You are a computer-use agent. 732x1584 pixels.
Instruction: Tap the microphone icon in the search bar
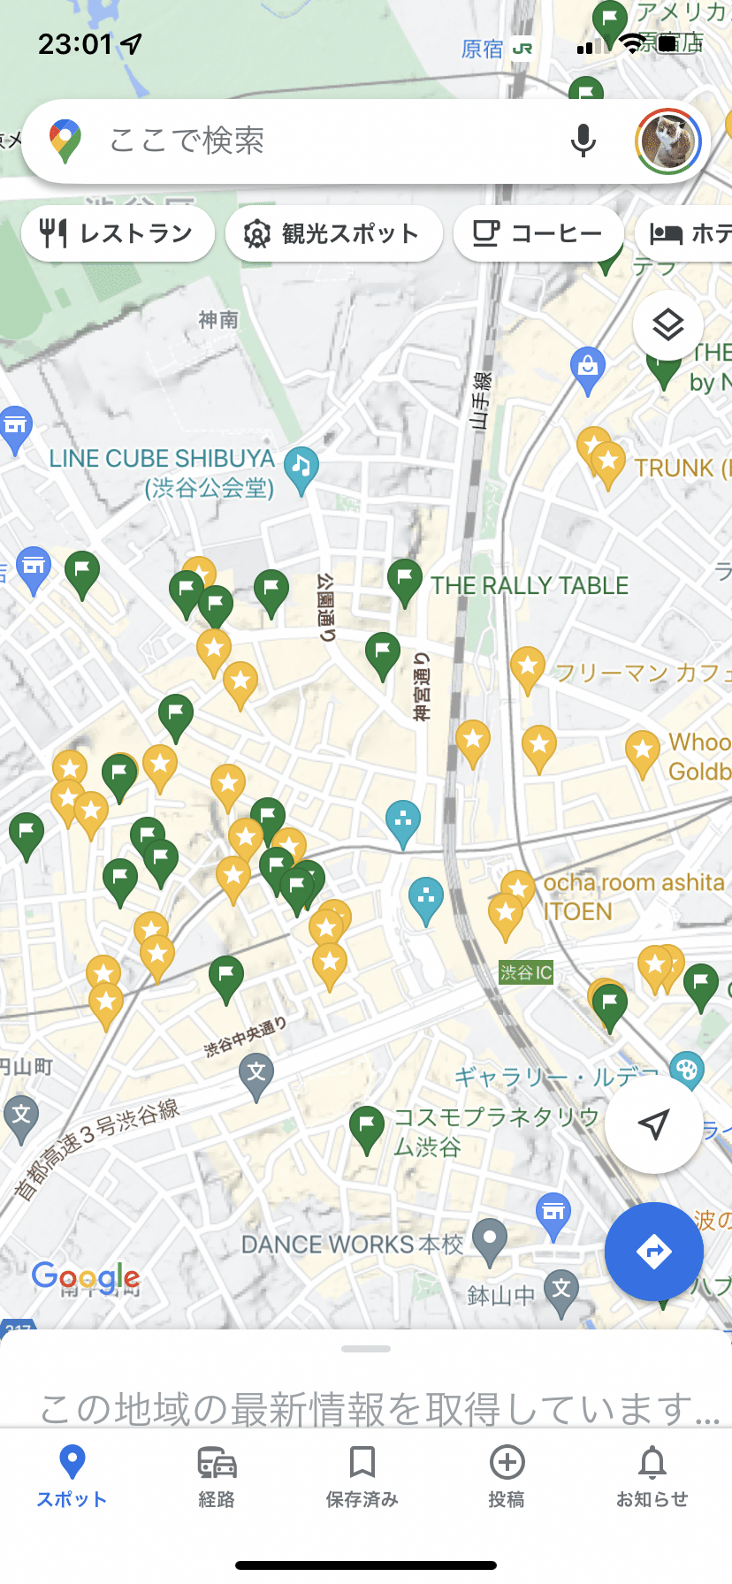(583, 141)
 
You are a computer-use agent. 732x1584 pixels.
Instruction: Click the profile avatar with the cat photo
(667, 141)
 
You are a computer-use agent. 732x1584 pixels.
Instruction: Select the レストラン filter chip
(118, 233)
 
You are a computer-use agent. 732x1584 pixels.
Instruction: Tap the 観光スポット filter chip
(333, 233)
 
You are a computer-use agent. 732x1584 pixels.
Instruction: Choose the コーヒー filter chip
(538, 233)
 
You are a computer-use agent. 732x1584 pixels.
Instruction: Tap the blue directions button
(653, 1251)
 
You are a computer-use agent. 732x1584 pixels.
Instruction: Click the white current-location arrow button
(653, 1124)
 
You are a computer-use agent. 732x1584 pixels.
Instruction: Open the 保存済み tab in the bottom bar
(362, 1474)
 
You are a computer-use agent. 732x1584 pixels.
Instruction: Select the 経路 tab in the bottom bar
(217, 1474)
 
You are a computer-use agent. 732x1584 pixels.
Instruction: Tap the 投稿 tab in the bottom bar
(507, 1474)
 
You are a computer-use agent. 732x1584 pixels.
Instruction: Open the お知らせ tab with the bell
(652, 1474)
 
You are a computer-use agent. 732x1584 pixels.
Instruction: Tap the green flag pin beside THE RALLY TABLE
(404, 581)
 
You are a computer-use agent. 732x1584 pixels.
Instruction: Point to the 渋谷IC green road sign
(526, 972)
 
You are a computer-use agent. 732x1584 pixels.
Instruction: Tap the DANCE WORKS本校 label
(352, 1244)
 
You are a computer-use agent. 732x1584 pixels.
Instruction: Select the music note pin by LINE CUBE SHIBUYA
(301, 468)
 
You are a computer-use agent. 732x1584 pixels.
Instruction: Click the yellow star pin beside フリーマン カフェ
(528, 668)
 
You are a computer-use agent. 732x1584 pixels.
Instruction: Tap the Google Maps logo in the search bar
(65, 141)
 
